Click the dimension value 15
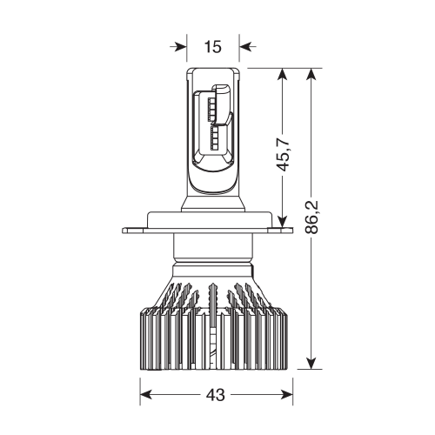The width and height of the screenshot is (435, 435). (213, 46)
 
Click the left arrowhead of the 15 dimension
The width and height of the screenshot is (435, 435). (180, 46)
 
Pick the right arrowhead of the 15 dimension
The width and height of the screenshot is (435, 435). (246, 46)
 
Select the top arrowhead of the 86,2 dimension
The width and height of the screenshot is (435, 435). (311, 75)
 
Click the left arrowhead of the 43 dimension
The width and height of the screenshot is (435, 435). (144, 395)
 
